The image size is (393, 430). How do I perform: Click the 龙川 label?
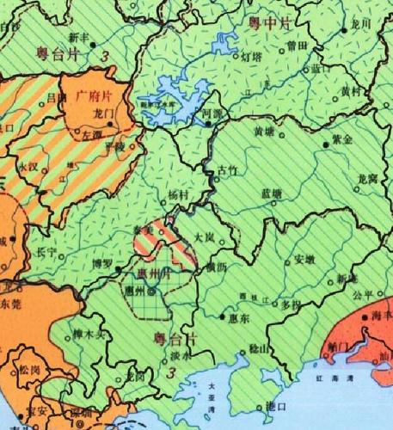point(360,24)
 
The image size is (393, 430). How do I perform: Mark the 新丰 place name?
point(79,39)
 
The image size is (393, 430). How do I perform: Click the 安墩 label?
point(304,258)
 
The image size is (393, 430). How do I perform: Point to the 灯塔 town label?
point(250,56)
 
